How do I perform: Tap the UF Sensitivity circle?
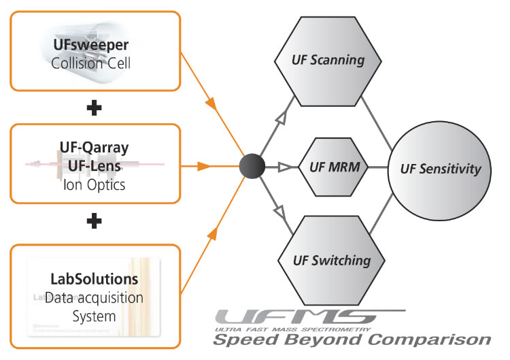point(440,169)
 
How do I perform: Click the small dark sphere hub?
point(253,166)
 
